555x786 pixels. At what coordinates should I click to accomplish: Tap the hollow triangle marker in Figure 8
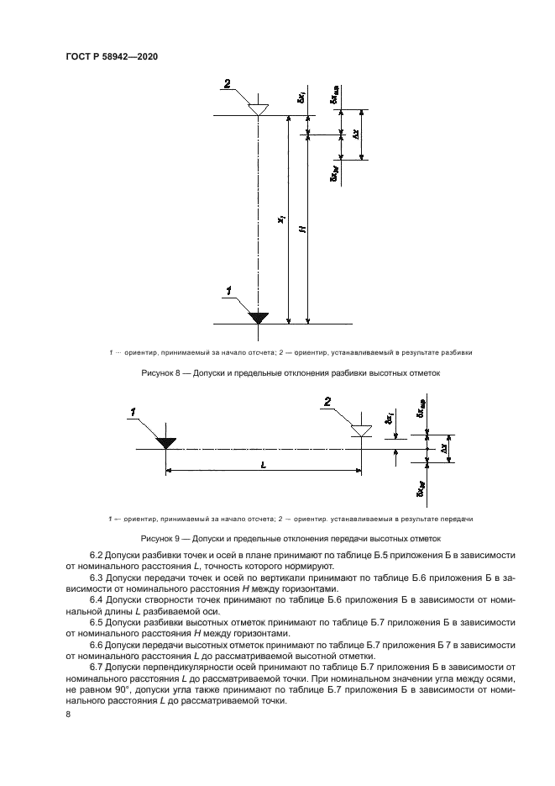(x=259, y=109)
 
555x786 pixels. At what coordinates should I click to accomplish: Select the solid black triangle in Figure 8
(x=259, y=317)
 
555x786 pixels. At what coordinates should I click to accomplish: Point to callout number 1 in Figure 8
(x=227, y=291)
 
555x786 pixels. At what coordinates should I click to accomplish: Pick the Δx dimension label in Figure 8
(x=357, y=135)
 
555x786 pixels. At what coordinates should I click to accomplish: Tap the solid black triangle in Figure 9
(x=165, y=442)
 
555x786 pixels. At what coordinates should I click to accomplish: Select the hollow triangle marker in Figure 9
(x=361, y=430)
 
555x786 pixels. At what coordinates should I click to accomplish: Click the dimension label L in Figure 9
(x=263, y=464)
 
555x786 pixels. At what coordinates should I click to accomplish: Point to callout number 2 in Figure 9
(x=328, y=403)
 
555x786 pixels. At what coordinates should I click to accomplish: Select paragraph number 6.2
(x=97, y=557)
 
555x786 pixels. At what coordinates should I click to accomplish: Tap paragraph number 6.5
(x=97, y=623)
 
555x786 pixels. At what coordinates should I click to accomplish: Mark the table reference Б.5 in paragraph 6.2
(x=341, y=557)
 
